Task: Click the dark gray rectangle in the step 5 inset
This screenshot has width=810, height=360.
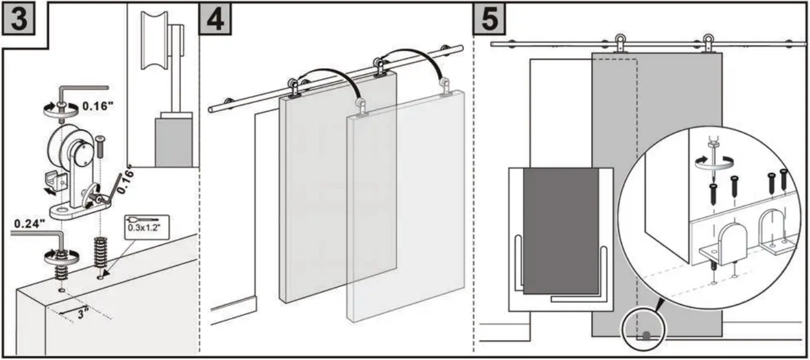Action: (561, 230)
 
